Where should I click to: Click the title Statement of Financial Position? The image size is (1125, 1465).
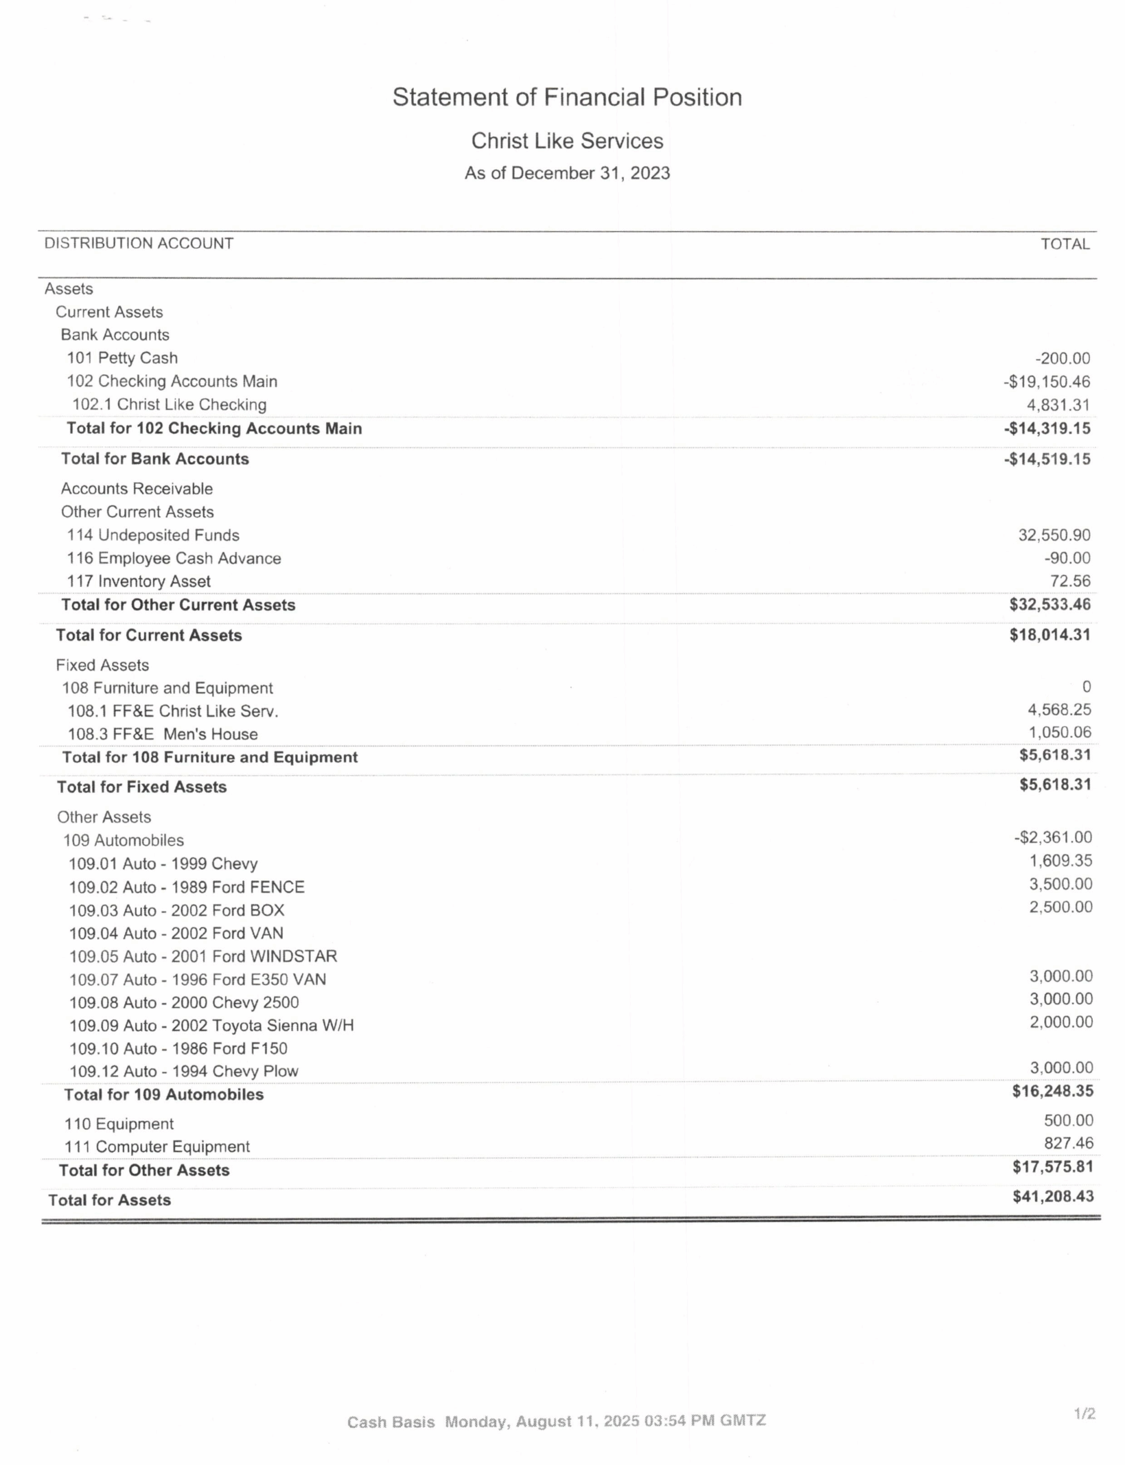[567, 98]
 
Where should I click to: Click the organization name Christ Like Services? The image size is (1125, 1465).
[567, 141]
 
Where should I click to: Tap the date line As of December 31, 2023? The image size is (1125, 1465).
[567, 173]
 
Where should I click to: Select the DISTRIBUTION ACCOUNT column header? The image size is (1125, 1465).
[139, 244]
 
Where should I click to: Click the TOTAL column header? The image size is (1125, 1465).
[1064, 244]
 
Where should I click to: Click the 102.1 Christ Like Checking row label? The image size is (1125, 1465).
[169, 405]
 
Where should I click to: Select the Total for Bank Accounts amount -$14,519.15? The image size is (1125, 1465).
[1046, 459]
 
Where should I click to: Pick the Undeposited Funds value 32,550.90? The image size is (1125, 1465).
[1054, 536]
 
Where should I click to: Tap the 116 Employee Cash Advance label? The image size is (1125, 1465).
[173, 559]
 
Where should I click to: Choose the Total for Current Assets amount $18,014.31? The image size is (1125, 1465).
[1049, 635]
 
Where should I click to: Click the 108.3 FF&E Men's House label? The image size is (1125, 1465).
[162, 734]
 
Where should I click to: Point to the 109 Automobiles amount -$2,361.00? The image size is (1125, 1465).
[1053, 838]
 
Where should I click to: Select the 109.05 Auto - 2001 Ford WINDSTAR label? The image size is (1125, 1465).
[203, 956]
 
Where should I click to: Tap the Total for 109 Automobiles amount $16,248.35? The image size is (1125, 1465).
[1052, 1091]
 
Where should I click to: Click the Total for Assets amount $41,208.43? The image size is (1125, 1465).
[1052, 1197]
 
